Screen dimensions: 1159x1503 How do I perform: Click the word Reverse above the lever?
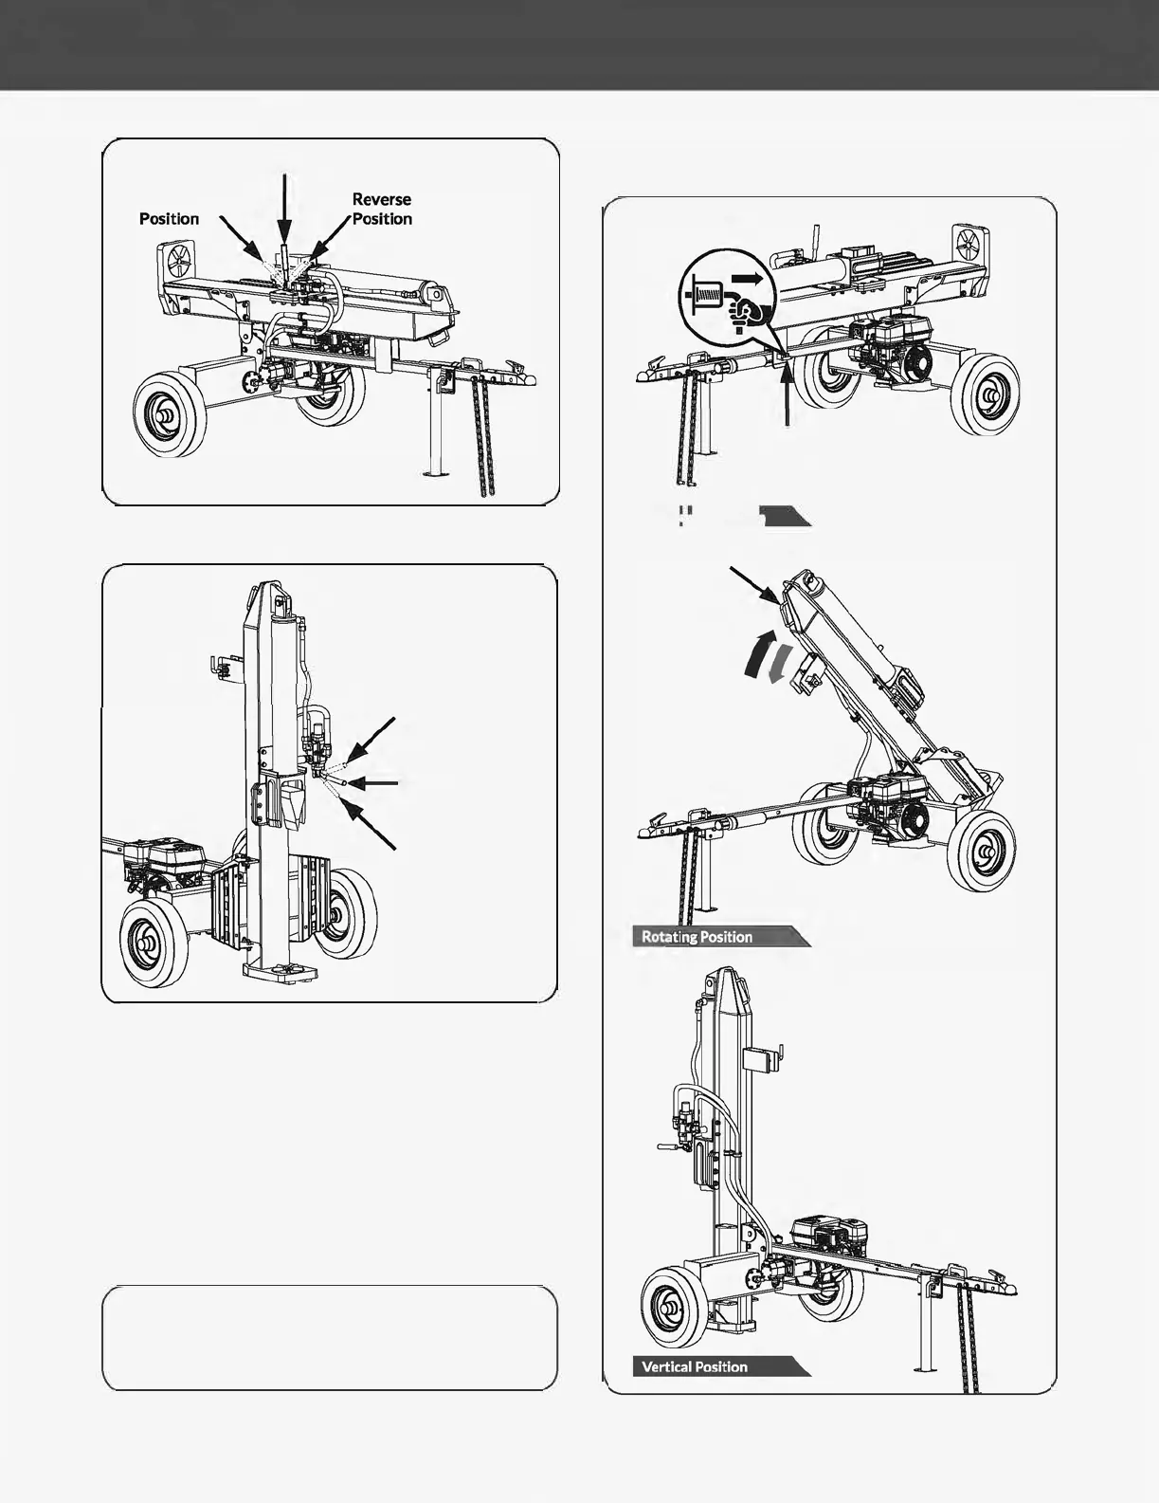381,199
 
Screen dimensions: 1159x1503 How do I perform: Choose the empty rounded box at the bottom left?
329,1338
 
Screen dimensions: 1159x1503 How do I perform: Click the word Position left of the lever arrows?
169,219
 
